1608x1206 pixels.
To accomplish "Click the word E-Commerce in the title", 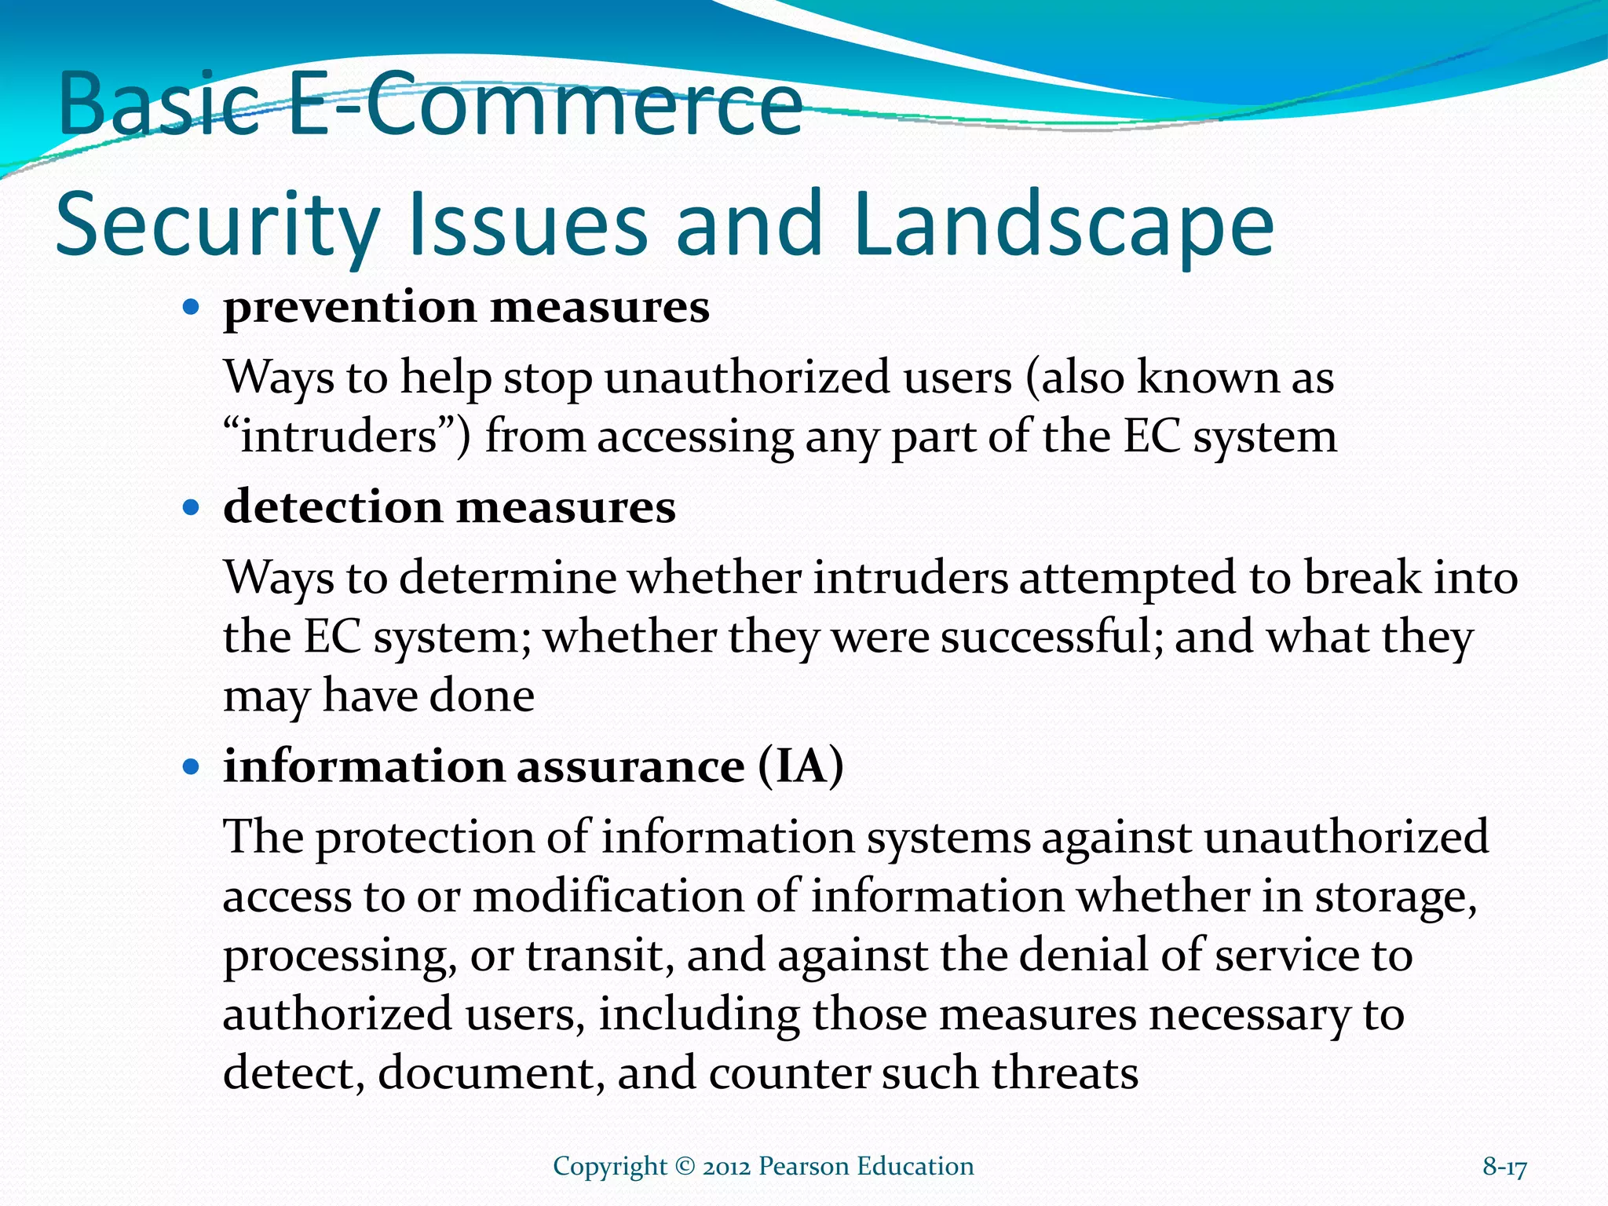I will [545, 104].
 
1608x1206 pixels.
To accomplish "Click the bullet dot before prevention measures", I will [190, 306].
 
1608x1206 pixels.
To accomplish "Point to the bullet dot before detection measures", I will [190, 507].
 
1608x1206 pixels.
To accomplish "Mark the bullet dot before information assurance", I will [190, 766].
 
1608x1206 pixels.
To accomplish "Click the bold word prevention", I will [350, 308].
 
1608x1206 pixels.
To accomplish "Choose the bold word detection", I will [333, 507].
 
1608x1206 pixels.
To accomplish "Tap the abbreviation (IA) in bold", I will [801, 766].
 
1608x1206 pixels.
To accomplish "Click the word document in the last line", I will [490, 1073].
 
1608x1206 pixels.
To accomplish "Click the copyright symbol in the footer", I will [685, 1167].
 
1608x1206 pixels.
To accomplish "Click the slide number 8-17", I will [1504, 1168].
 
